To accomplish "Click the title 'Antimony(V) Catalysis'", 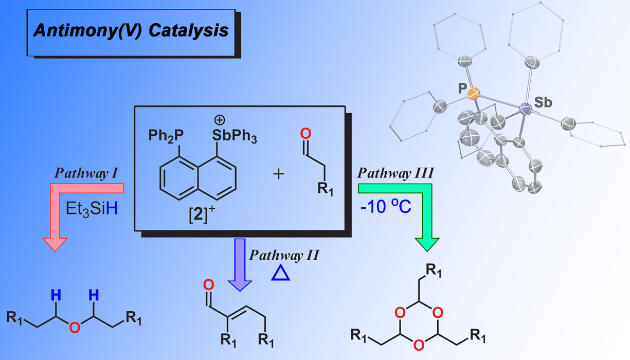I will click(x=131, y=30).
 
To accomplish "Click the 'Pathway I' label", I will click(x=87, y=174).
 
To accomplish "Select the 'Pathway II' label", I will click(x=284, y=255).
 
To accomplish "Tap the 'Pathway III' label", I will click(x=394, y=174).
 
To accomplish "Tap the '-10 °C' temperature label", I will click(x=386, y=208).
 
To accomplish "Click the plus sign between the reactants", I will click(x=278, y=174).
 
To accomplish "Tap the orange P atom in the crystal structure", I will click(x=474, y=94).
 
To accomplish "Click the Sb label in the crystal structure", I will click(x=543, y=102).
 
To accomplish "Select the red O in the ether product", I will click(x=75, y=326).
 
